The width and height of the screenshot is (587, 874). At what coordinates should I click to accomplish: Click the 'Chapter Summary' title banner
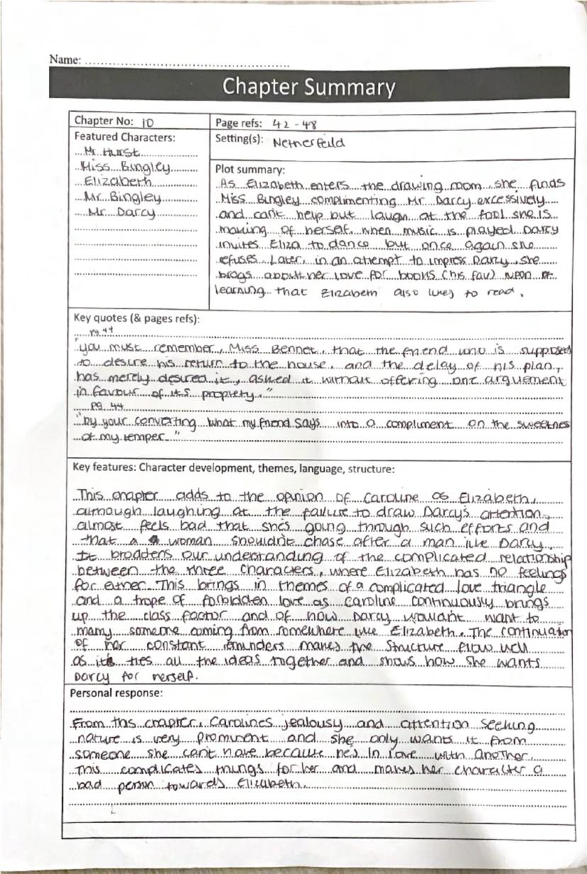(x=309, y=86)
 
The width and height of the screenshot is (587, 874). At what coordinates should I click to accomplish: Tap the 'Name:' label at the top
(x=65, y=59)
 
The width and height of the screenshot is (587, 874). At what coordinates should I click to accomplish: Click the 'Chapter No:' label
(x=104, y=122)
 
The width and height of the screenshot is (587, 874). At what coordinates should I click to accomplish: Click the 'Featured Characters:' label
(x=125, y=137)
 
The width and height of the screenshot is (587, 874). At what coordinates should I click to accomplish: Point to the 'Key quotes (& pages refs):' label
(x=137, y=317)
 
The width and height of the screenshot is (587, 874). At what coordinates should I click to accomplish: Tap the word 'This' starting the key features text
(x=91, y=494)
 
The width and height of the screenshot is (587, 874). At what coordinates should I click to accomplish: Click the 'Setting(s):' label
(x=240, y=139)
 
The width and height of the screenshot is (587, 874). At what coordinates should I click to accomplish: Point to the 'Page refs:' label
(x=240, y=123)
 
